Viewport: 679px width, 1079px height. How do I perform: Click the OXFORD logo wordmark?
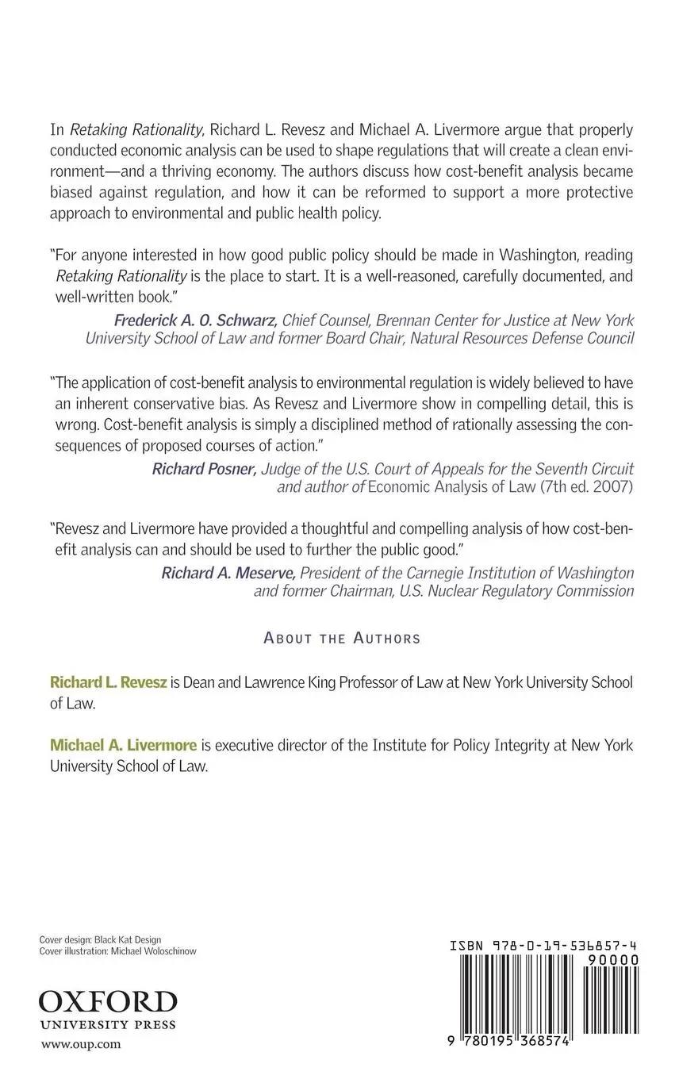(108, 1001)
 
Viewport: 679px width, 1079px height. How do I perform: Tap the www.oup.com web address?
(81, 1044)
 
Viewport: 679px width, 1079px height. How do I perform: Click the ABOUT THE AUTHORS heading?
(342, 638)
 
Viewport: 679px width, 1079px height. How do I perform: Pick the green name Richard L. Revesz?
(109, 682)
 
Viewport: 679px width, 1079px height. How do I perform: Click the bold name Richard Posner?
(205, 469)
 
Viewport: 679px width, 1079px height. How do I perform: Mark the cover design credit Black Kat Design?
(128, 939)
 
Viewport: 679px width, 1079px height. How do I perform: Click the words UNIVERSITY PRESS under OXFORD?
(108, 1024)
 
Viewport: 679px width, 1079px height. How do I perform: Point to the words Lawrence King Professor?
(303, 682)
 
